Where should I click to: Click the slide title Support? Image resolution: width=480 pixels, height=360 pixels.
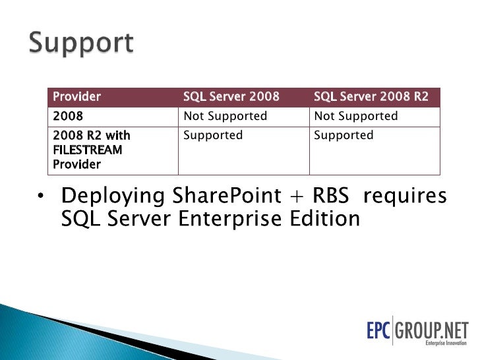point(81,43)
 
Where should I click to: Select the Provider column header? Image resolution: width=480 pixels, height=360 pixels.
point(76,97)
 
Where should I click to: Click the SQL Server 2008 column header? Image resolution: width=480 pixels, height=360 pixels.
point(231,97)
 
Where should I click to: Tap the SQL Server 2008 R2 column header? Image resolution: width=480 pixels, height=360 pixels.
point(371,97)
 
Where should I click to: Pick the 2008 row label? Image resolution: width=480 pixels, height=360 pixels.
point(68,116)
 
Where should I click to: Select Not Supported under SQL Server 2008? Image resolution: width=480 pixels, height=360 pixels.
point(225,116)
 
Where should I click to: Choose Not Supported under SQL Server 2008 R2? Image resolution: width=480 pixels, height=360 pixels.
point(356,116)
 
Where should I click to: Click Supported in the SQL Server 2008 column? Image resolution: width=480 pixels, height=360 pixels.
point(213,135)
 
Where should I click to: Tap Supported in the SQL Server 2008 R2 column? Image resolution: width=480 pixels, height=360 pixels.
point(344,135)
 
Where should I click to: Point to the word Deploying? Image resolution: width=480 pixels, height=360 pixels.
point(113,197)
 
